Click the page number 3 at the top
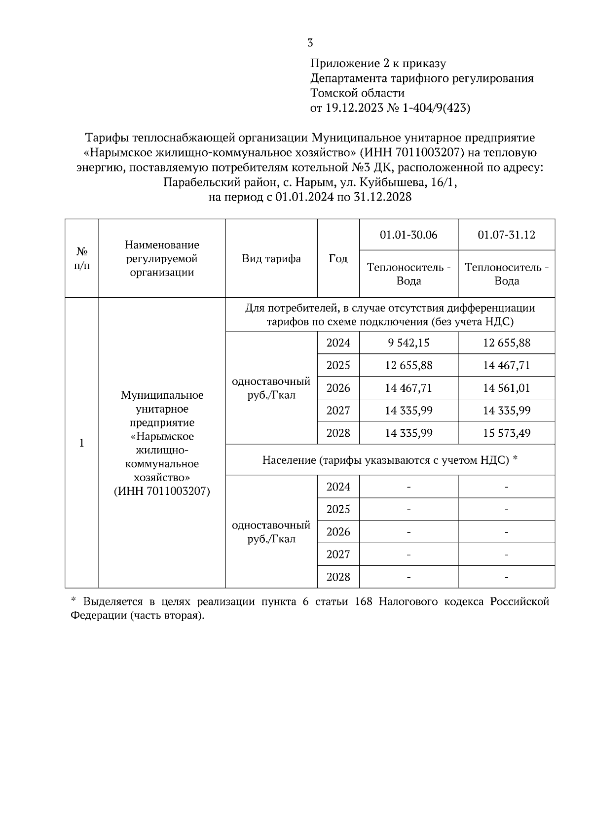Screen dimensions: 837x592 pos(310,43)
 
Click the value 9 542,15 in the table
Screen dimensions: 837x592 pos(408,343)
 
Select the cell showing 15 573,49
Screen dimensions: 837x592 pos(506,433)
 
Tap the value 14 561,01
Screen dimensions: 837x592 pos(506,388)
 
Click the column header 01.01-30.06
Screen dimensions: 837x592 pos(408,235)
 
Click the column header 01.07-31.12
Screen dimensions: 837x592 pos(506,235)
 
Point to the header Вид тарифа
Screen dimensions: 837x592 pos(271,259)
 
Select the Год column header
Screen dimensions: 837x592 pos(338,259)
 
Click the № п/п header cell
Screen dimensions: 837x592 pos(82,259)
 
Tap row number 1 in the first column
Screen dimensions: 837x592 pos(82,443)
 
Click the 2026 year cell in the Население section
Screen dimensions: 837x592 pos(338,532)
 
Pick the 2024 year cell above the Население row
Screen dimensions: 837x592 pos(338,343)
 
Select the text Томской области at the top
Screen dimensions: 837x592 pos(357,93)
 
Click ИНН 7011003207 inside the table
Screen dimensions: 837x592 pos(162,491)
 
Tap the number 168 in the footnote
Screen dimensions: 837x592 pos(364,602)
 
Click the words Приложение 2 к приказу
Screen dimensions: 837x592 pos(378,64)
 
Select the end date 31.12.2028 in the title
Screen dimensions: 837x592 pos(383,198)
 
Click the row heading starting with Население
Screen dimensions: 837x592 pos(390,460)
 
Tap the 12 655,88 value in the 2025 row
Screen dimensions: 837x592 pos(408,365)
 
